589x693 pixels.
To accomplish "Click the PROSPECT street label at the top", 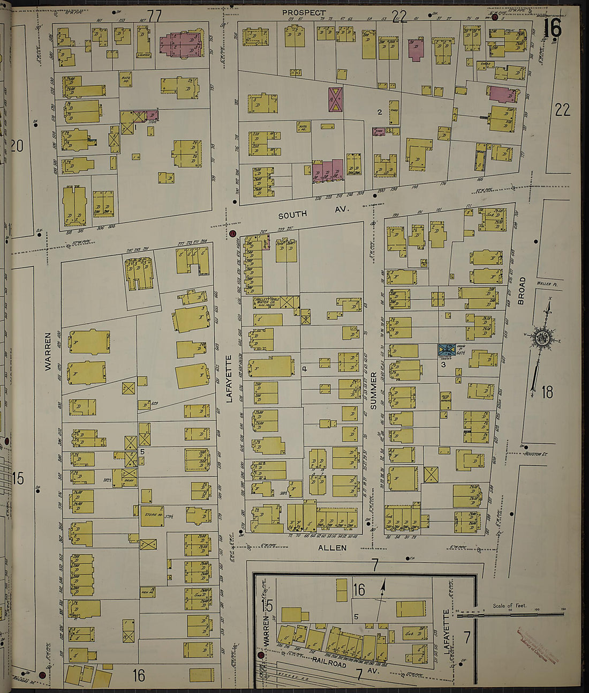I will tap(304, 12).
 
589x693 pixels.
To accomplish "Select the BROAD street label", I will tap(522, 291).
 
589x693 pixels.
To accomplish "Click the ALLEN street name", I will tap(332, 548).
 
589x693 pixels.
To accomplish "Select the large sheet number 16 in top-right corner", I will tap(552, 28).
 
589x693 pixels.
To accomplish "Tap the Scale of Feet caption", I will tap(509, 606).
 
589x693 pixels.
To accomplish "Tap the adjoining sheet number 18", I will tap(546, 392).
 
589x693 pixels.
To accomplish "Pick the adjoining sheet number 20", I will tap(17, 145).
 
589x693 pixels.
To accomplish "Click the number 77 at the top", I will tap(154, 17).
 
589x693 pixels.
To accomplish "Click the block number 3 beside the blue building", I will tap(443, 365).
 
